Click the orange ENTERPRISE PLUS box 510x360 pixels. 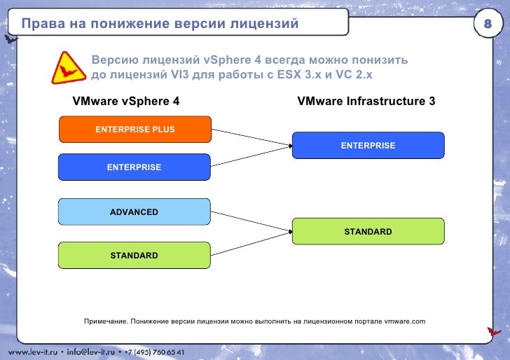tap(135, 130)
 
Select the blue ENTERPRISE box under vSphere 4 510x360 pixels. tap(134, 167)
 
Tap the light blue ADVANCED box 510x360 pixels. tap(134, 212)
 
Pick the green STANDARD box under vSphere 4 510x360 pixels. tap(134, 256)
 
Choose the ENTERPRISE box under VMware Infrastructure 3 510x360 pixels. tap(368, 146)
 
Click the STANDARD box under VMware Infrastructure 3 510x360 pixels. tap(368, 231)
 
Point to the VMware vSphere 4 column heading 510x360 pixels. tap(126, 101)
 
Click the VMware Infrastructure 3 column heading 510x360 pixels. tap(366, 101)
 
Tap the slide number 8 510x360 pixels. tap(488, 25)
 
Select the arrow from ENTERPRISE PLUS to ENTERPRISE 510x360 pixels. tap(251, 137)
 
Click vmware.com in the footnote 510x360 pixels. tap(404, 321)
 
